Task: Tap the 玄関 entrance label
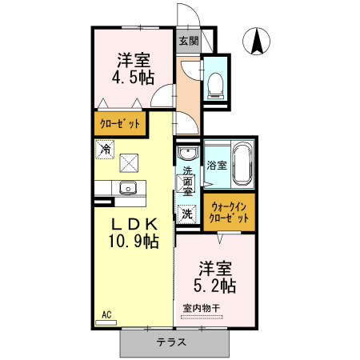click(x=188, y=40)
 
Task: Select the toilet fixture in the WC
click(x=215, y=84)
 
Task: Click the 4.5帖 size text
click(x=133, y=78)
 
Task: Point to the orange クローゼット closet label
click(x=120, y=124)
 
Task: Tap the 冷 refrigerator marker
click(x=105, y=148)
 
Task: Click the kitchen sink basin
click(x=127, y=189)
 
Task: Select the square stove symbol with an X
click(x=129, y=162)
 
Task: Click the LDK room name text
click(x=131, y=225)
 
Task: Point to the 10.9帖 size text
click(x=132, y=242)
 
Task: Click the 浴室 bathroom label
click(x=216, y=166)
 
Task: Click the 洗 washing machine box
click(x=186, y=214)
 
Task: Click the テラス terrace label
click(x=171, y=342)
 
